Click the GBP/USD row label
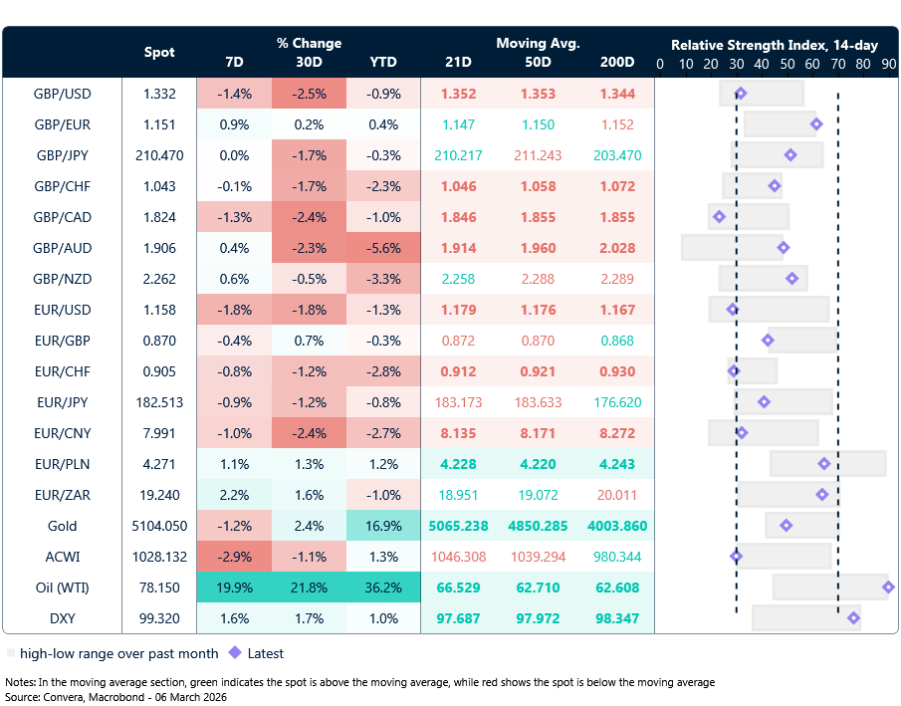click(x=63, y=94)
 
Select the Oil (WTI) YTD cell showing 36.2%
click(x=383, y=588)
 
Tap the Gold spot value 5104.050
click(x=159, y=526)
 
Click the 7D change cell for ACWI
click(x=234, y=557)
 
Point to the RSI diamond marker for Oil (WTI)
click(x=888, y=588)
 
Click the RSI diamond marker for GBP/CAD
click(x=719, y=217)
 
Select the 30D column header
click(x=309, y=63)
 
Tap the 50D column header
click(x=539, y=63)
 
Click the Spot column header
click(x=159, y=52)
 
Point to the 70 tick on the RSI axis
click(x=837, y=64)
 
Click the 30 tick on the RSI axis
click(x=736, y=64)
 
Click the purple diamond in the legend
click(x=235, y=653)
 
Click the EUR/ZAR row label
click(x=63, y=495)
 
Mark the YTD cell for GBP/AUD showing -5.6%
click(x=383, y=248)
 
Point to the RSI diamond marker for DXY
click(x=853, y=618)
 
